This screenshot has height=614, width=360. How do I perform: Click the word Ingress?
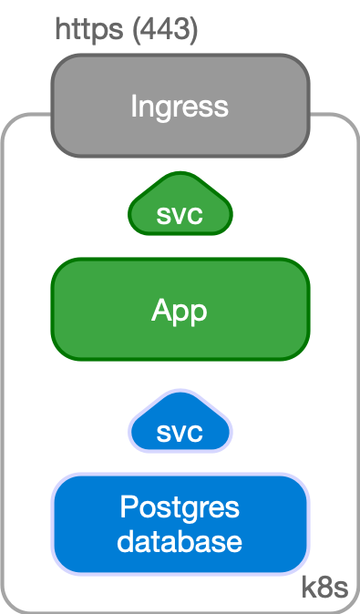180,107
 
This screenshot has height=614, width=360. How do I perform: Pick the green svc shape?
180,208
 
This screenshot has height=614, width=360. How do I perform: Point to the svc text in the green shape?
180,217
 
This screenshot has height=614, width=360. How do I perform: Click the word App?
180,312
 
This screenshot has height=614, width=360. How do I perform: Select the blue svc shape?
180,424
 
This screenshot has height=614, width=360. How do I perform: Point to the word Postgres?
180,507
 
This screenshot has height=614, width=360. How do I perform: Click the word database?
180,541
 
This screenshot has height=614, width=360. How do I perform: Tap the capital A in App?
160,311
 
